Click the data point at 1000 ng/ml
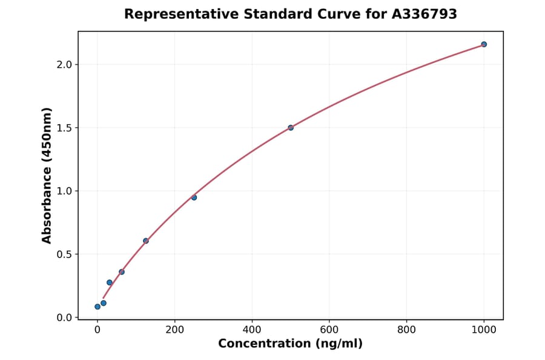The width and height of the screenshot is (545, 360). point(484,44)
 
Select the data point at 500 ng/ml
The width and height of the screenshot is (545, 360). point(291,128)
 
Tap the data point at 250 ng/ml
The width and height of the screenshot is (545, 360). point(194,198)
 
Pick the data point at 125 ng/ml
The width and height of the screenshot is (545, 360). point(146,241)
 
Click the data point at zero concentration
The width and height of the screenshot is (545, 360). point(97,307)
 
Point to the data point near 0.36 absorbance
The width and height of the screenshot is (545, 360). point(122,272)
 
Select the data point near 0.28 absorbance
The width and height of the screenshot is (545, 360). point(110,282)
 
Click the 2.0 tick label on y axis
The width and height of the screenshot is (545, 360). point(64,65)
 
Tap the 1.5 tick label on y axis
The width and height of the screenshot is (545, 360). point(64,128)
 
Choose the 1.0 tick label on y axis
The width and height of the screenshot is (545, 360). point(64,191)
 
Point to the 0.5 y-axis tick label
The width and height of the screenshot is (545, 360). point(64,255)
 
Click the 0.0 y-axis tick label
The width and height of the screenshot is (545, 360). point(64,318)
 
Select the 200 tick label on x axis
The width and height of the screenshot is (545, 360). point(174,330)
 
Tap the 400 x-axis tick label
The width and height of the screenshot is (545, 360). point(252,330)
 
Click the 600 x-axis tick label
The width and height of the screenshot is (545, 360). point(329,330)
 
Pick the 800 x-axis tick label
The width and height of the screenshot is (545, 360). point(406,330)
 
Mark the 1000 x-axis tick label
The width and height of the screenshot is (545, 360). point(484,330)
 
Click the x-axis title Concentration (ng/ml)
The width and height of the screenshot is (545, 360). point(290,344)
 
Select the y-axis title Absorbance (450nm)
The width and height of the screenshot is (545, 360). point(47,175)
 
